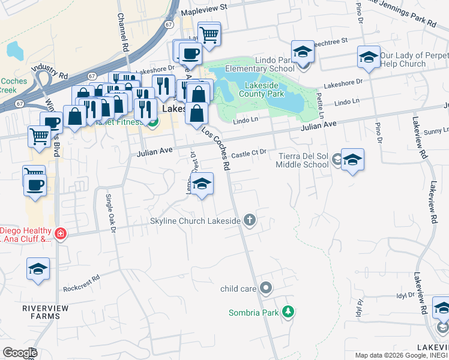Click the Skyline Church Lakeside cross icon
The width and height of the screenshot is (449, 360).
coord(250,221)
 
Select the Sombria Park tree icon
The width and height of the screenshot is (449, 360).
coord(289,312)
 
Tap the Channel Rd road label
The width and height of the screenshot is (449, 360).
coord(123,34)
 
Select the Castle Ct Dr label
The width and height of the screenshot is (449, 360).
coord(249,154)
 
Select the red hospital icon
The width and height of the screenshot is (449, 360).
coord(60,233)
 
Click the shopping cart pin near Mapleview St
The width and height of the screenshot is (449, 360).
coord(208,34)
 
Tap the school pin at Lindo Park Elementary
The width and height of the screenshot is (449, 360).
coord(303,52)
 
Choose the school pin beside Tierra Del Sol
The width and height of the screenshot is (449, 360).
coord(352,160)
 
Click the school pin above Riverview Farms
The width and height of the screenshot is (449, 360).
coord(38,269)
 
